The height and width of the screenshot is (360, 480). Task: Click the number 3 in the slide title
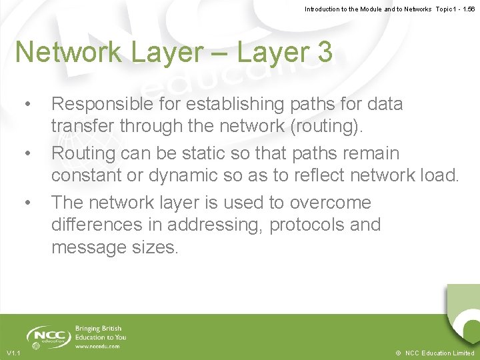coord(325,53)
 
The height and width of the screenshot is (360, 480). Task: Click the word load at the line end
coord(441,176)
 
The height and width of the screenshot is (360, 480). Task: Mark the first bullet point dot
coord(27,105)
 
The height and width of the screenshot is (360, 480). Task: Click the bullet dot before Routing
coord(27,154)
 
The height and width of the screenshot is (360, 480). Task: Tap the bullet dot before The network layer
coord(27,203)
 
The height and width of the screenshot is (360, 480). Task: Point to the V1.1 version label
coord(13,353)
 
